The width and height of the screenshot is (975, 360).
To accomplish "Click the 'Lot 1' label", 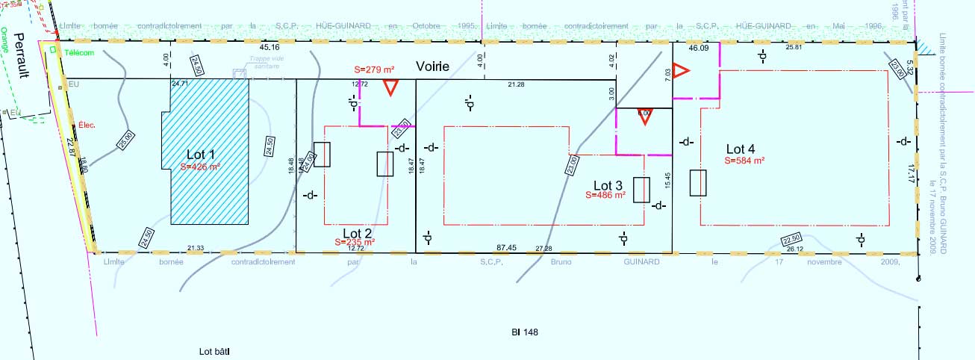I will [203, 154].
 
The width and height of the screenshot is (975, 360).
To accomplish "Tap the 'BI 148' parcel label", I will [521, 332].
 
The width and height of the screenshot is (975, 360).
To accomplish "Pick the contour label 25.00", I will [125, 140].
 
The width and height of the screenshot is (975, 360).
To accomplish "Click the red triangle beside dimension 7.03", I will [679, 72].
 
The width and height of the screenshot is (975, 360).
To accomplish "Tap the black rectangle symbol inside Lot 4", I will [698, 183].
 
